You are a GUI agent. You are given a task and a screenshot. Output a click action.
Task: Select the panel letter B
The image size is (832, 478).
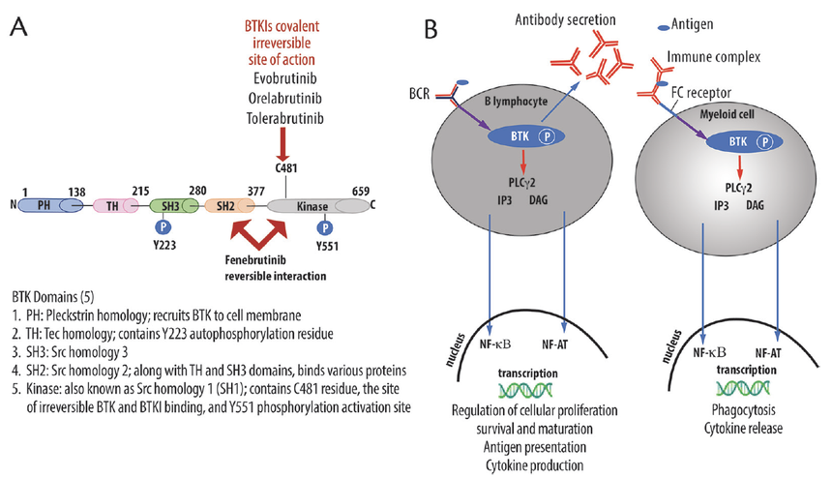(433, 29)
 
